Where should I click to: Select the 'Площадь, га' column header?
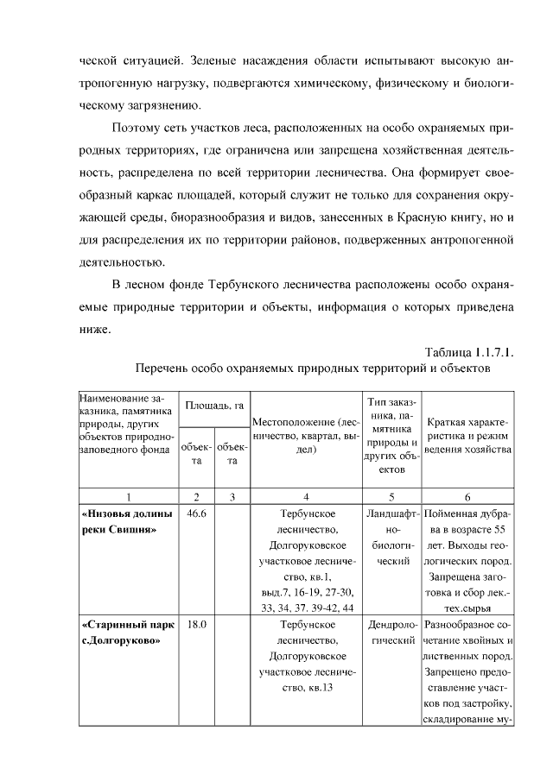point(206,405)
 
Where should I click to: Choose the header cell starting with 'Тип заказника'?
point(392,437)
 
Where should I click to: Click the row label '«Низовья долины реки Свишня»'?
point(126,521)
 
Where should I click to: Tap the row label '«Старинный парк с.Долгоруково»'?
point(126,632)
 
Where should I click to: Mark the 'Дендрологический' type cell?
point(392,632)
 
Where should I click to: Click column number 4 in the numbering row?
point(306,496)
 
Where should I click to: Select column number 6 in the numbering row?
point(467,496)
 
